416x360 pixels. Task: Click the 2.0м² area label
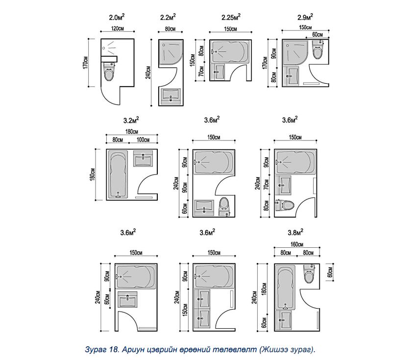coord(117,18)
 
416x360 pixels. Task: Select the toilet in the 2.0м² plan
coord(109,73)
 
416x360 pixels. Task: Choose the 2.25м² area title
coord(230,18)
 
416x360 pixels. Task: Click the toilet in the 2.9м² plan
coord(317,50)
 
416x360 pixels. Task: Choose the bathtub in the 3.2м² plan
coord(118,174)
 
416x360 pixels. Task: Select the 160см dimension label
coord(297,244)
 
